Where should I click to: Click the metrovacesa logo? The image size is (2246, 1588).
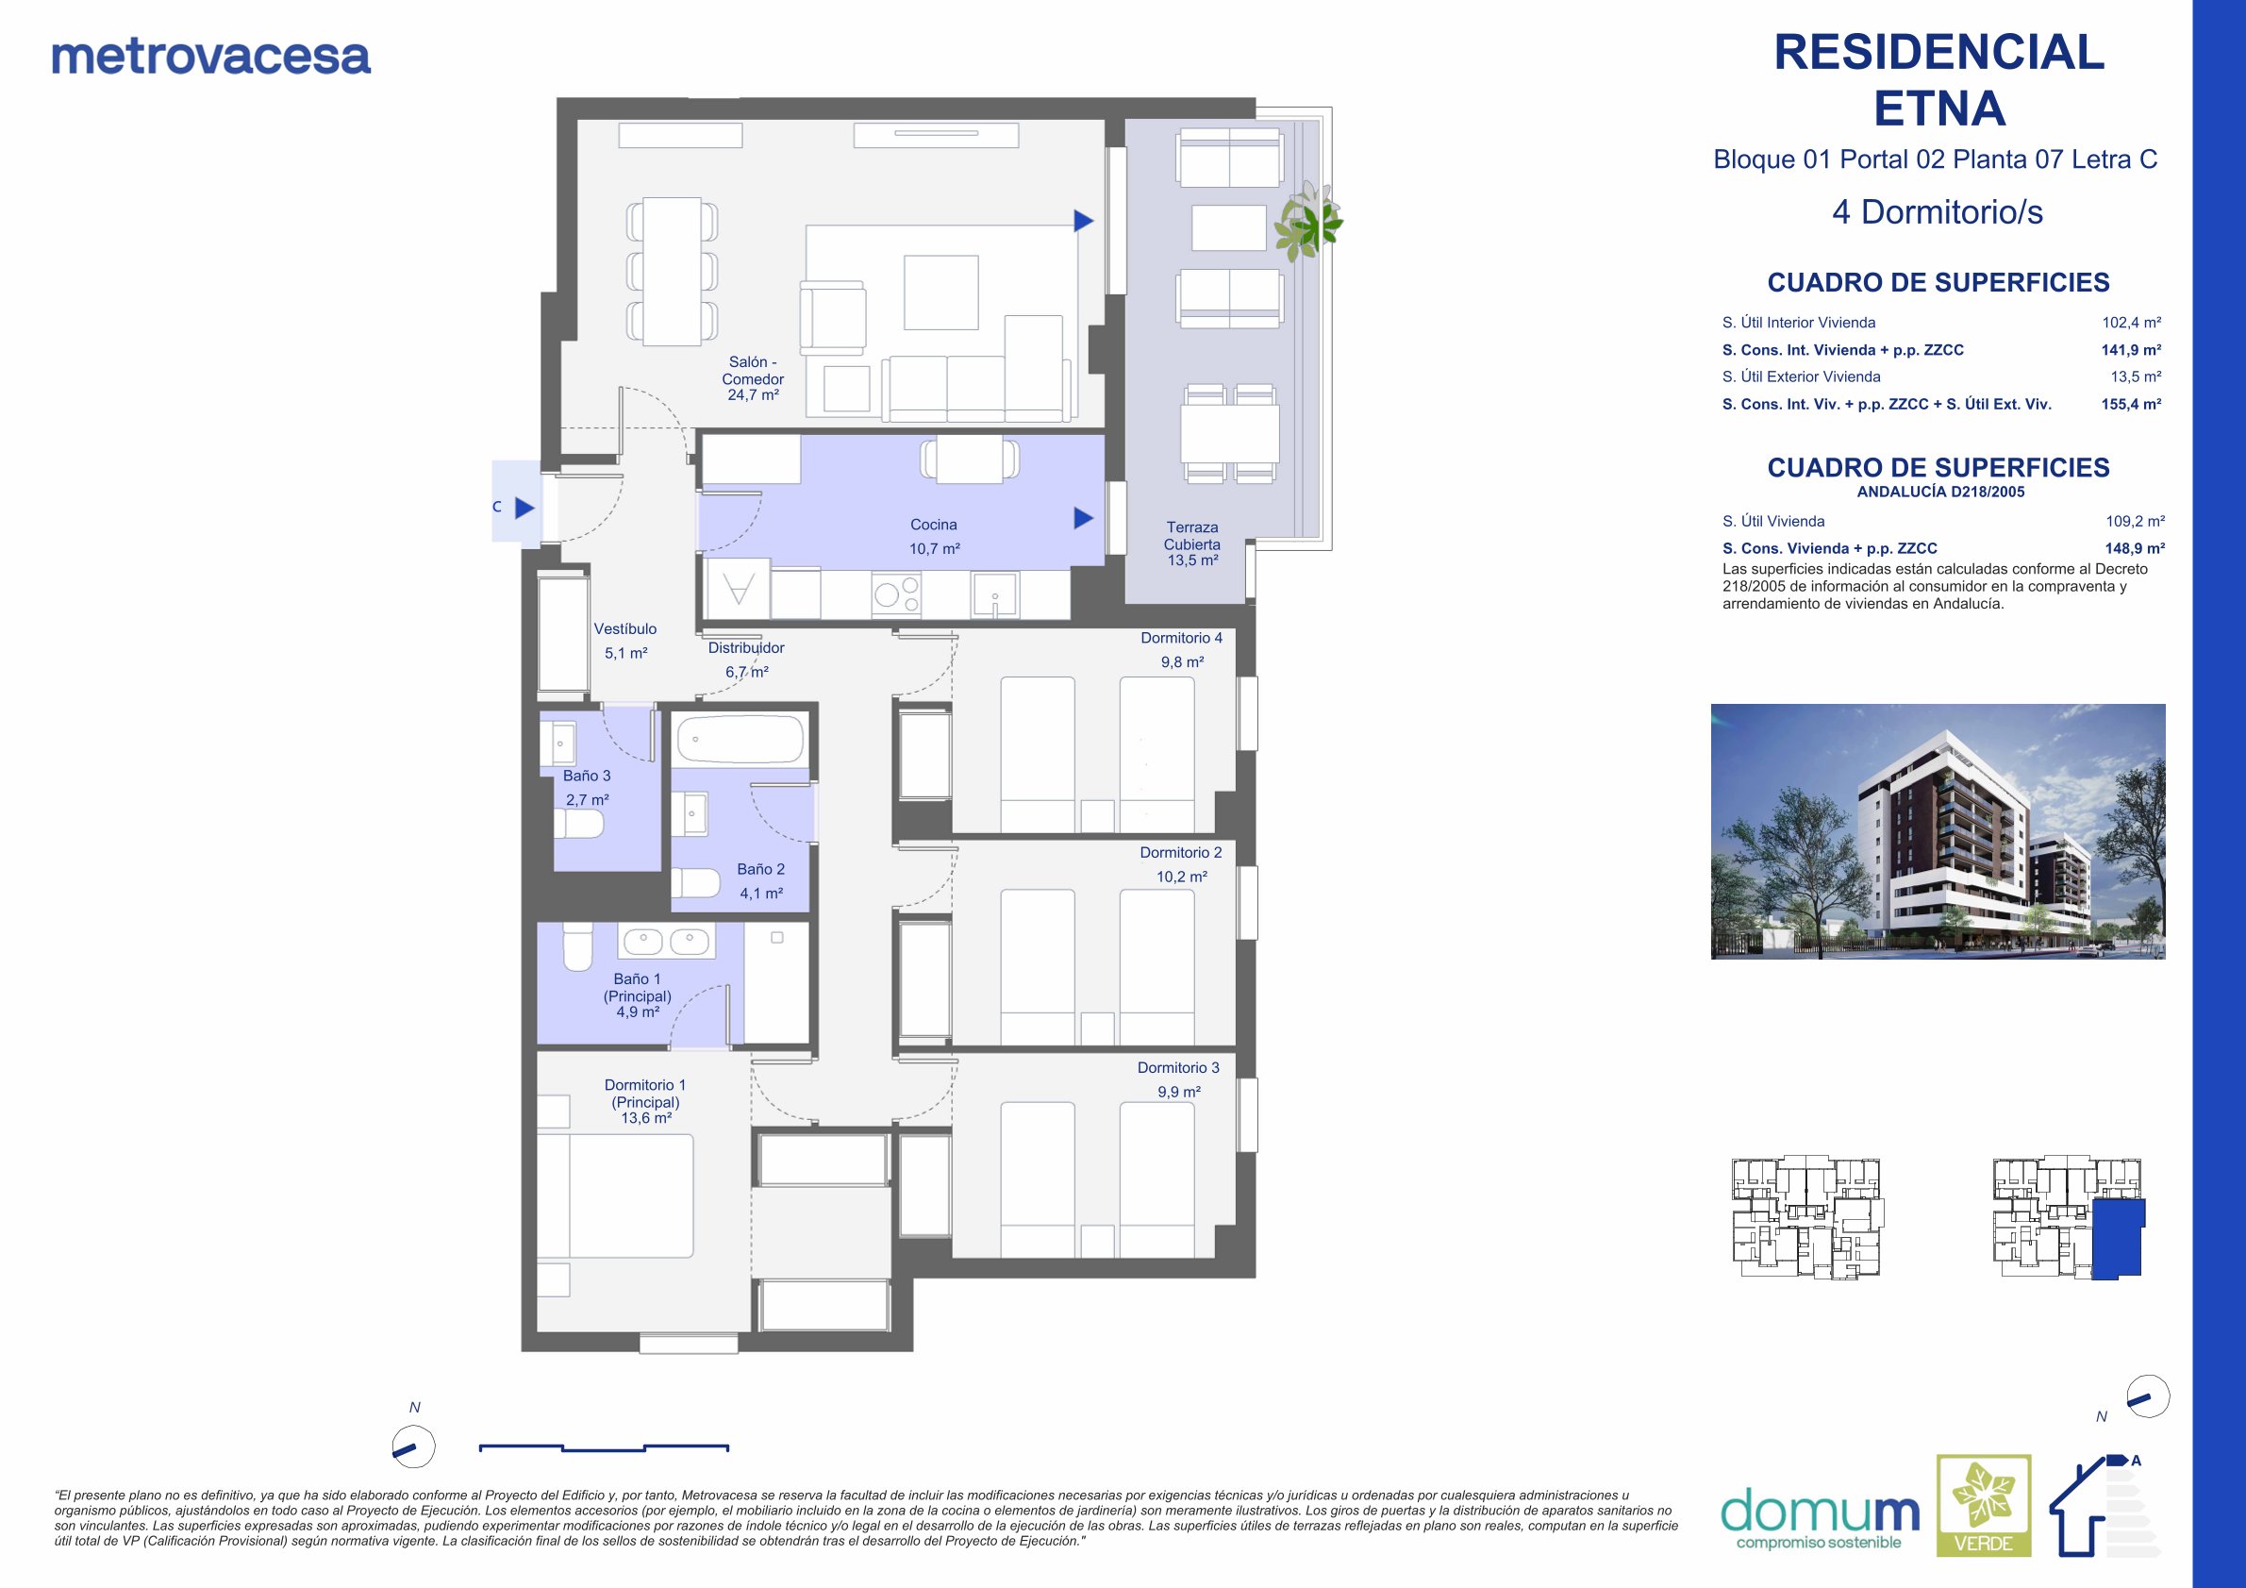(x=211, y=57)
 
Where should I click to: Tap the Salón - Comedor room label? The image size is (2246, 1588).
(x=754, y=378)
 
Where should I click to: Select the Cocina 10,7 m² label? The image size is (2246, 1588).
(x=934, y=537)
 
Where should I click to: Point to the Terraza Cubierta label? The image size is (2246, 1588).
(x=1192, y=544)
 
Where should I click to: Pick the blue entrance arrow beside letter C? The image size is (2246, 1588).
(x=525, y=508)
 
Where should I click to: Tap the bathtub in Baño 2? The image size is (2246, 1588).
(x=740, y=739)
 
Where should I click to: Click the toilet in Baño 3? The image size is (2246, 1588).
(x=579, y=823)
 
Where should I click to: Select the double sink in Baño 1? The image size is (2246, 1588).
(x=666, y=942)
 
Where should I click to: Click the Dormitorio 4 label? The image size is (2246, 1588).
(x=1182, y=638)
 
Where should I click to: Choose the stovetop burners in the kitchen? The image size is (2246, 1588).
(x=897, y=593)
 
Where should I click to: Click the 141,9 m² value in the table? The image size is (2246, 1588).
(x=2132, y=349)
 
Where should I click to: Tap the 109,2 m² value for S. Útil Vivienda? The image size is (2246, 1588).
(x=2136, y=522)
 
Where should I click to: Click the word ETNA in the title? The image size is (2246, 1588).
(x=1939, y=109)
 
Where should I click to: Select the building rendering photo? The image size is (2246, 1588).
(x=1938, y=831)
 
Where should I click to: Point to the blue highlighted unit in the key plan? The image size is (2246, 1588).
(x=2118, y=1239)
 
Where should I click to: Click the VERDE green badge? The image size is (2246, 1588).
(x=1984, y=1506)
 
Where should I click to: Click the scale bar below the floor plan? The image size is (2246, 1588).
(x=605, y=1447)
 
